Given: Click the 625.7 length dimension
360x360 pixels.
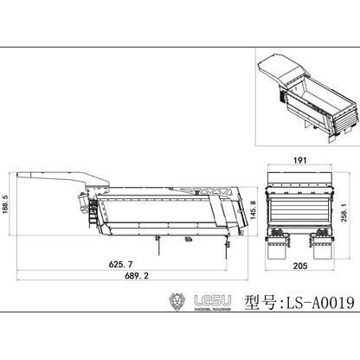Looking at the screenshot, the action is (x=120, y=264).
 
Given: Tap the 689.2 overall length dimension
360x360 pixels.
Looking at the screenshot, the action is (x=137, y=276).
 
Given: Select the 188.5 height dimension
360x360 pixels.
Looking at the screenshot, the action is (x=5, y=204).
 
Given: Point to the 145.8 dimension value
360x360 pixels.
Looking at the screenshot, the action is (x=253, y=209).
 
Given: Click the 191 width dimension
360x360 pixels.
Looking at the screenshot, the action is (x=300, y=160).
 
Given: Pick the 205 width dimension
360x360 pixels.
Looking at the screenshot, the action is (x=300, y=266).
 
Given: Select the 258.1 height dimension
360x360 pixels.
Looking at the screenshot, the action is (x=344, y=212).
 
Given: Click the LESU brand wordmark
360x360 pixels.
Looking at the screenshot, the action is (x=213, y=300).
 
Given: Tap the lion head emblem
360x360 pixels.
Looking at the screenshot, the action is (x=177, y=302).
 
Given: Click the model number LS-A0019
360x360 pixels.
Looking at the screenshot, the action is (x=319, y=303).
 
